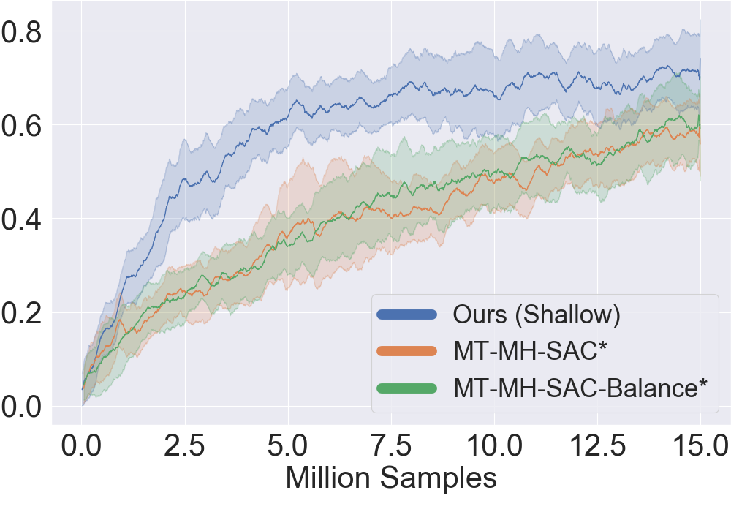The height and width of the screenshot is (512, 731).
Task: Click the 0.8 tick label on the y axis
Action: (23, 31)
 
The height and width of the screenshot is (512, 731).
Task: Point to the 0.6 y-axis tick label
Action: (23, 125)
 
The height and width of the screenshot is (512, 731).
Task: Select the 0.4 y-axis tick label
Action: (23, 219)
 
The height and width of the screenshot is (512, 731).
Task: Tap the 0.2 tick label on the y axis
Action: (23, 312)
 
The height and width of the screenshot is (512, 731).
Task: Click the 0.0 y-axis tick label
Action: (23, 406)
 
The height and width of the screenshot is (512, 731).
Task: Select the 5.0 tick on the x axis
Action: (288, 445)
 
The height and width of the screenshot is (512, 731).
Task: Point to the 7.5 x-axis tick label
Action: (391, 445)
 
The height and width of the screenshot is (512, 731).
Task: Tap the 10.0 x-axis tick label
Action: (494, 445)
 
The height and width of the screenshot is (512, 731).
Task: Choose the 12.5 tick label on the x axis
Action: (597, 445)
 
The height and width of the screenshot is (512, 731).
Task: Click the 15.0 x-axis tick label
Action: (700, 445)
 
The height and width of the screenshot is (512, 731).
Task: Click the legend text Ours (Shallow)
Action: (537, 315)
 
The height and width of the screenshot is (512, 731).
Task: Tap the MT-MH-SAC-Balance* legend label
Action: (580, 388)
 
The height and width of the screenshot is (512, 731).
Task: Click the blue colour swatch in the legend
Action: (406, 315)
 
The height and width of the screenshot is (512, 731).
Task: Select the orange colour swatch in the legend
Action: (406, 351)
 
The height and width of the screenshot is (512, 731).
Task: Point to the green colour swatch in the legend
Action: (406, 388)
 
